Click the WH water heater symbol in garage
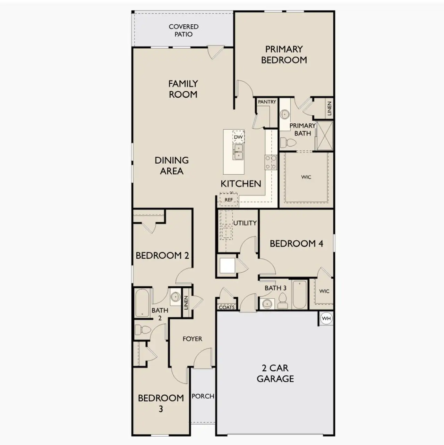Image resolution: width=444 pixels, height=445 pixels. click(x=326, y=318)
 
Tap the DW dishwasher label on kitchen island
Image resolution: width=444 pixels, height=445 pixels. click(x=238, y=137)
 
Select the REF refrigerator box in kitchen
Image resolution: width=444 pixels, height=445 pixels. click(x=229, y=200)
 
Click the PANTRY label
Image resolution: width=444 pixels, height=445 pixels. click(x=267, y=102)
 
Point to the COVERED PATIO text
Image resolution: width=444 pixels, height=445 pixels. click(x=183, y=30)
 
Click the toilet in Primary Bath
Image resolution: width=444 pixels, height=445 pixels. click(x=288, y=142)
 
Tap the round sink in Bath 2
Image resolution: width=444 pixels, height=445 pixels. click(x=175, y=297)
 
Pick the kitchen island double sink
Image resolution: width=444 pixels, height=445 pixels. click(x=238, y=152)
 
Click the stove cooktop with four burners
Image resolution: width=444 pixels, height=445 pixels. click(x=271, y=162)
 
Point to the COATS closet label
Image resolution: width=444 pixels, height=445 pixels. click(x=227, y=307)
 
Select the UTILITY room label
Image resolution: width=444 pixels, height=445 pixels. click(x=245, y=223)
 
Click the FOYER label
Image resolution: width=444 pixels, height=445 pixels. click(x=192, y=339)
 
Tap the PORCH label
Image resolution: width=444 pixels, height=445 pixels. click(x=203, y=396)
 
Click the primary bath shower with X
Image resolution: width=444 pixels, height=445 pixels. click(x=325, y=135)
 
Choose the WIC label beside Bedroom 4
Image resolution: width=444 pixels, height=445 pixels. click(x=324, y=291)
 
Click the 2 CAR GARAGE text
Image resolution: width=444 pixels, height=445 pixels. click(x=275, y=373)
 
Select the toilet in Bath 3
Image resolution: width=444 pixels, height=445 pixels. click(x=283, y=301)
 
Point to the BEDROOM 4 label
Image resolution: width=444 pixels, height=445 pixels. click(x=296, y=244)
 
